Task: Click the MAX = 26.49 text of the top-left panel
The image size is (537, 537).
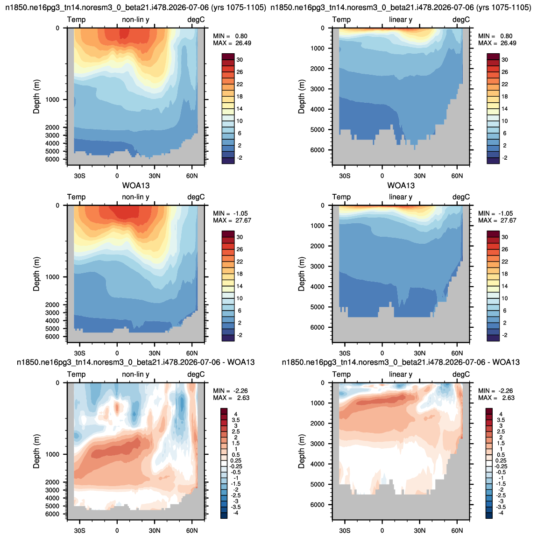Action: pyautogui.click(x=232, y=43)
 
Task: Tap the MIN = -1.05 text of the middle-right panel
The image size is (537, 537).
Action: pyautogui.click(x=497, y=213)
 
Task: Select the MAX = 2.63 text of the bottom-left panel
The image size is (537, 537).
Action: pyautogui.click(x=231, y=398)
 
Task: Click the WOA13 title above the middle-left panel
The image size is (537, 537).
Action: pyautogui.click(x=136, y=186)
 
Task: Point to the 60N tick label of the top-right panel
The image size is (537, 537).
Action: pyautogui.click(x=457, y=176)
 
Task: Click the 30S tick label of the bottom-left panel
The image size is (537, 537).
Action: pyautogui.click(x=79, y=531)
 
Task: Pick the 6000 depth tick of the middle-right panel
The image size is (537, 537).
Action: pyautogui.click(x=318, y=327)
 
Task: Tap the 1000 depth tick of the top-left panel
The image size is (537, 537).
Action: pyautogui.click(x=52, y=99)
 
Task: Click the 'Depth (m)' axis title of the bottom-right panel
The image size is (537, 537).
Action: pyautogui.click(x=301, y=452)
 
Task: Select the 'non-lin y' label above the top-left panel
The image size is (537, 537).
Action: pyautogui.click(x=135, y=20)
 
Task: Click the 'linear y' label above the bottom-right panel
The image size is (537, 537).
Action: pyautogui.click(x=401, y=374)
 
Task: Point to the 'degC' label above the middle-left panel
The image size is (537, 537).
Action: pyautogui.click(x=196, y=197)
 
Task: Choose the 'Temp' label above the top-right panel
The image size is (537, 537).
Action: pyautogui.click(x=341, y=20)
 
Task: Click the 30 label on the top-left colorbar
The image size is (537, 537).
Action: pyautogui.click(x=240, y=60)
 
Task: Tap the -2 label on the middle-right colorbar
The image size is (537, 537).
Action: pyautogui.click(x=504, y=335)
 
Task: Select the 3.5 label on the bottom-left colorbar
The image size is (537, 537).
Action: pyautogui.click(x=236, y=420)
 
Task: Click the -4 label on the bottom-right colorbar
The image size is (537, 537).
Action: pyautogui.click(x=501, y=513)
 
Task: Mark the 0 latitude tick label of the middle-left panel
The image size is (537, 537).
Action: pyautogui.click(x=117, y=353)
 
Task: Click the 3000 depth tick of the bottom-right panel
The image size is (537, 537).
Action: pyautogui.click(x=318, y=444)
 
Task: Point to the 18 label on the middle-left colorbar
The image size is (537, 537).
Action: pyautogui.click(x=240, y=274)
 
